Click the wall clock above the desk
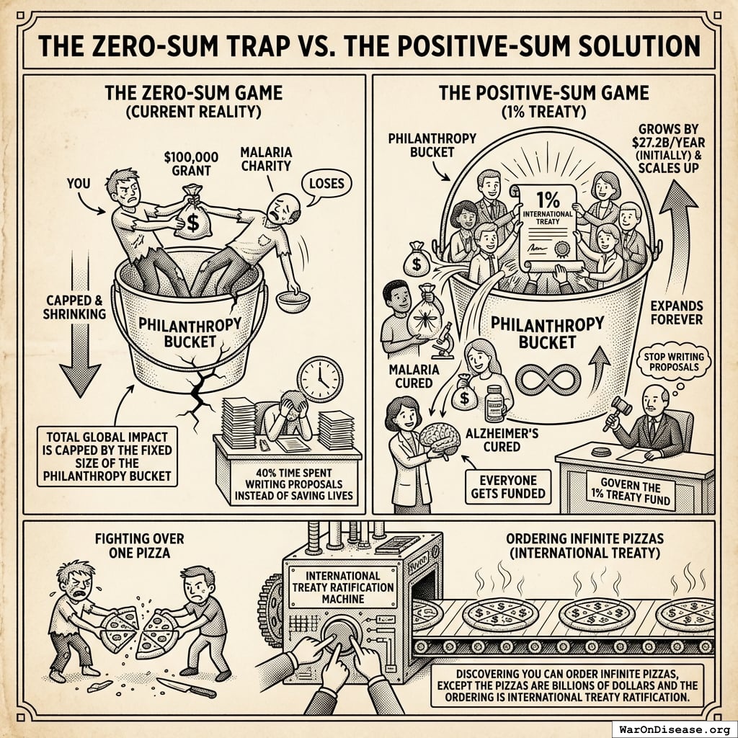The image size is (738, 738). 320,379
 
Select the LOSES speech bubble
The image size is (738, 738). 326,184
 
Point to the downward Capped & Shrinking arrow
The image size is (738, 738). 81,325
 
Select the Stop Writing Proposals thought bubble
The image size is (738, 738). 674,363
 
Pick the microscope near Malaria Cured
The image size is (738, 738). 442,341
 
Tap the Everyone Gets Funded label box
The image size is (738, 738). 508,486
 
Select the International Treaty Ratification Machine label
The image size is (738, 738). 342,587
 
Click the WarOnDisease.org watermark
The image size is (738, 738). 675,729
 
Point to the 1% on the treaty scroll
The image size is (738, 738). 548,200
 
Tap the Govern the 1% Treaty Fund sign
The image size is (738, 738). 631,492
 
